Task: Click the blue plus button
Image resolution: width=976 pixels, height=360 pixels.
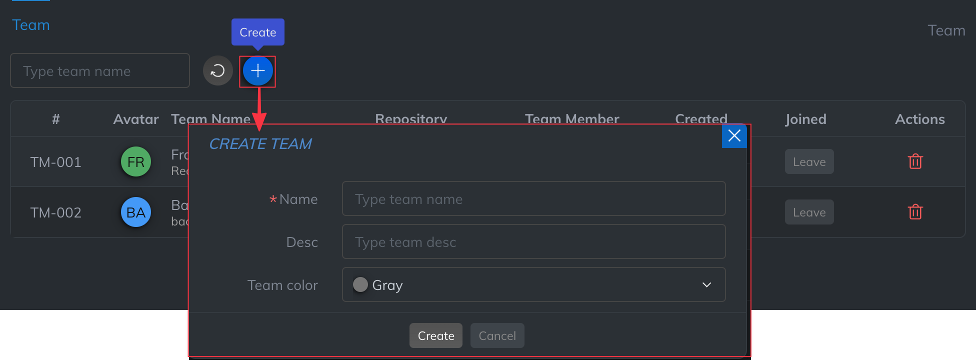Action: click(x=257, y=71)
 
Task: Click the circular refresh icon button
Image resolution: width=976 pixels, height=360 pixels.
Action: click(x=217, y=71)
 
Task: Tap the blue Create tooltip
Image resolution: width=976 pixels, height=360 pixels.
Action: click(x=257, y=32)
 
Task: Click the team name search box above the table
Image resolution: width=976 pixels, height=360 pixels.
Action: click(x=100, y=71)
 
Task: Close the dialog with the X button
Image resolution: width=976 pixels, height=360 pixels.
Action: click(x=734, y=135)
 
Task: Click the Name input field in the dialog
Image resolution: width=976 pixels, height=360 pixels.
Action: click(x=533, y=199)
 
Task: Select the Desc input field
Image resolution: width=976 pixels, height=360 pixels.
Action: click(x=533, y=242)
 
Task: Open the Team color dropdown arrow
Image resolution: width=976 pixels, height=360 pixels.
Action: click(x=706, y=285)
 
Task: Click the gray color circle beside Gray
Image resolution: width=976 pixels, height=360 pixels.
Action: click(x=360, y=284)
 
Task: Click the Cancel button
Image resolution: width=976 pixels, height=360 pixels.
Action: click(x=497, y=335)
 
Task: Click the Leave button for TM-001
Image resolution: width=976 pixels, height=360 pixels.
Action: click(x=809, y=162)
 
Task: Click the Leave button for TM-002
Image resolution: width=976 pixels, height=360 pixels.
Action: click(x=809, y=212)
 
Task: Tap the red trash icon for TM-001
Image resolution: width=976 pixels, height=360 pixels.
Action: click(x=915, y=161)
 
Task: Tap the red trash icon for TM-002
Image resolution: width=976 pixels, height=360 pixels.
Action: click(x=915, y=212)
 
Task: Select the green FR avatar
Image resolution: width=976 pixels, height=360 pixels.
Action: click(x=136, y=161)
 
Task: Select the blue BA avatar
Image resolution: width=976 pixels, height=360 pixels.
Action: click(x=136, y=212)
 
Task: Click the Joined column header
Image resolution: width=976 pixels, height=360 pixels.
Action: click(x=805, y=119)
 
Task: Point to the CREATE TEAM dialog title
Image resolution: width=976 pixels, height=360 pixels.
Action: click(x=260, y=144)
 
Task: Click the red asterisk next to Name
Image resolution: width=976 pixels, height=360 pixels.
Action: click(x=273, y=199)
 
